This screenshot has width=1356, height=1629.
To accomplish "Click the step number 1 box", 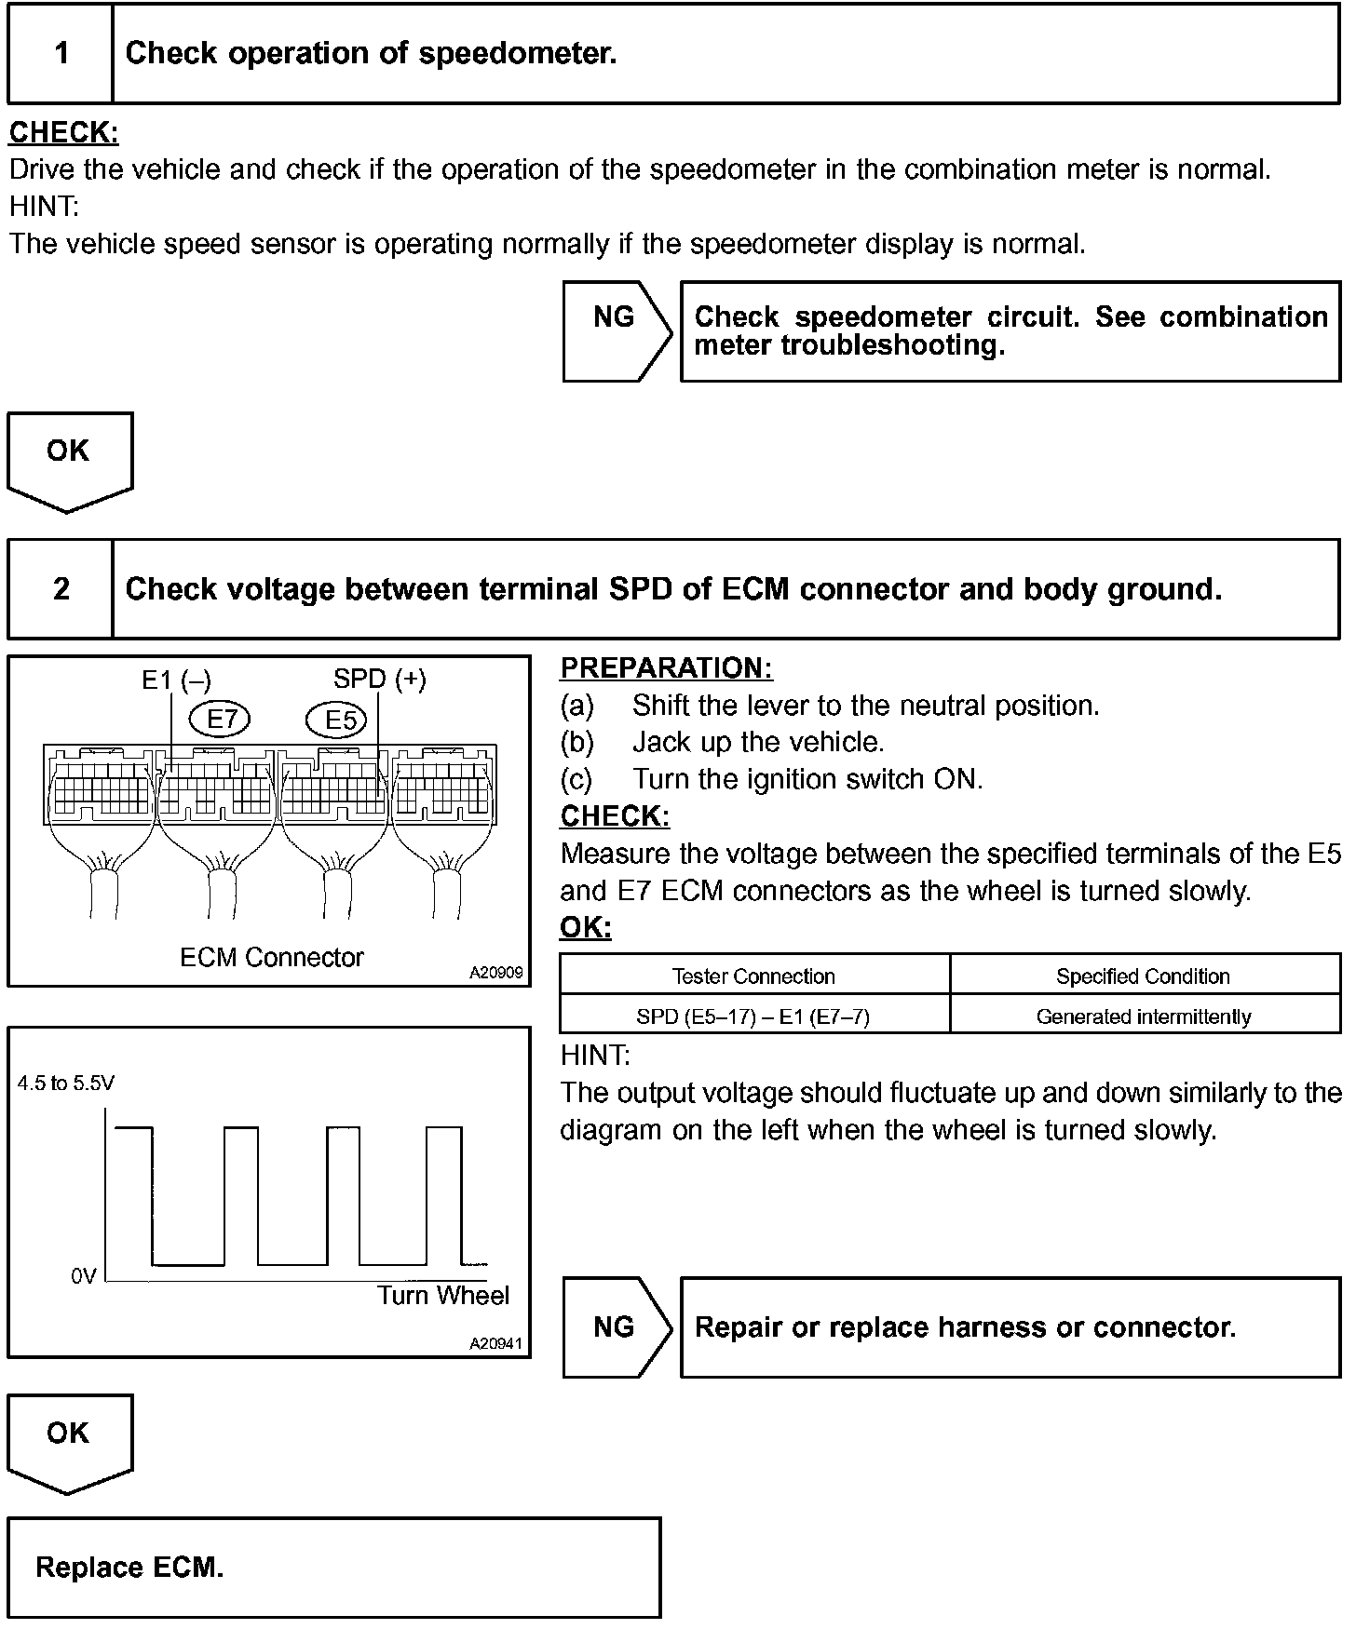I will click(x=61, y=53).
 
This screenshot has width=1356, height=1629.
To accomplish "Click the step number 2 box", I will click(x=61, y=589).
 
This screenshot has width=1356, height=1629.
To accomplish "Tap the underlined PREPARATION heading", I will click(x=666, y=668).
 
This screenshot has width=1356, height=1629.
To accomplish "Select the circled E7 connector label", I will click(x=221, y=719).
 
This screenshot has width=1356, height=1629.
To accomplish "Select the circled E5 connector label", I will click(x=337, y=720).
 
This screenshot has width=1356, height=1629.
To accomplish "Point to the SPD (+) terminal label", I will click(x=379, y=680).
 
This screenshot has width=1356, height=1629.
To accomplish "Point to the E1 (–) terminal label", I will click(x=176, y=680).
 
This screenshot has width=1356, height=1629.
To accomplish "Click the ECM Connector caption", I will click(x=271, y=957).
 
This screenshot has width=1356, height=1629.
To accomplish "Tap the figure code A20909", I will click(x=496, y=973).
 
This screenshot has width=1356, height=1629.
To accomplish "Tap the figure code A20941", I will click(x=496, y=1344).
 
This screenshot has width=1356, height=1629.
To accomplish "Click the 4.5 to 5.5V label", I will click(x=66, y=1084).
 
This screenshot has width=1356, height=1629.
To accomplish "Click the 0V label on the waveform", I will click(x=84, y=1276).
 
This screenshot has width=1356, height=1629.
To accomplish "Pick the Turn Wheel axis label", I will click(x=443, y=1296).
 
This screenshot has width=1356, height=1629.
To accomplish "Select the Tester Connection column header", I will click(x=753, y=976).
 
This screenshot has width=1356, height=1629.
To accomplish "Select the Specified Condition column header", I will click(x=1143, y=976).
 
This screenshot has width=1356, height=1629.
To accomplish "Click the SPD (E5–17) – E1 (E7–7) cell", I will click(x=753, y=1016).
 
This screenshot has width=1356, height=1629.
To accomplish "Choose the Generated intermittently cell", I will click(x=1143, y=1016).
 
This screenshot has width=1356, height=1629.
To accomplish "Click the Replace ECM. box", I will click(x=333, y=1568).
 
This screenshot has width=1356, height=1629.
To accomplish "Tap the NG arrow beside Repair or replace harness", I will click(x=616, y=1327).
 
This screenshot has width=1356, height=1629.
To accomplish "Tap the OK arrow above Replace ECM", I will click(x=69, y=1437).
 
